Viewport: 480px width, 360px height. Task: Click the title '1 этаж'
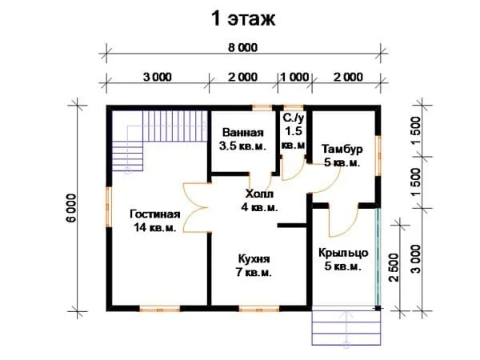pos(243,19)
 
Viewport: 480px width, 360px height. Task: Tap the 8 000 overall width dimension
pos(243,48)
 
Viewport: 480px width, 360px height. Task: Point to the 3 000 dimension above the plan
pos(158,77)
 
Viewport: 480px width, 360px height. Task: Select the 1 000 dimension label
pos(294,77)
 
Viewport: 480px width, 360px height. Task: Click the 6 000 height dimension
pos(71,208)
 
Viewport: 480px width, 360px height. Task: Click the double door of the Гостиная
pos(197,207)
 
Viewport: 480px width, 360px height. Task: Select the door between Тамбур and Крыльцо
pos(343,222)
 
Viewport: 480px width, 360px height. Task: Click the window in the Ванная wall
pos(262,107)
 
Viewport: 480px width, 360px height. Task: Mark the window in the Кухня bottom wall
pos(259,309)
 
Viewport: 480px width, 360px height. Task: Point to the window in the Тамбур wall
pos(378,155)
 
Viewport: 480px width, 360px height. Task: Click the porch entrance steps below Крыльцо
pos(346,328)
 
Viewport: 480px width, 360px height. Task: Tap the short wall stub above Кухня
pos(292,226)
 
